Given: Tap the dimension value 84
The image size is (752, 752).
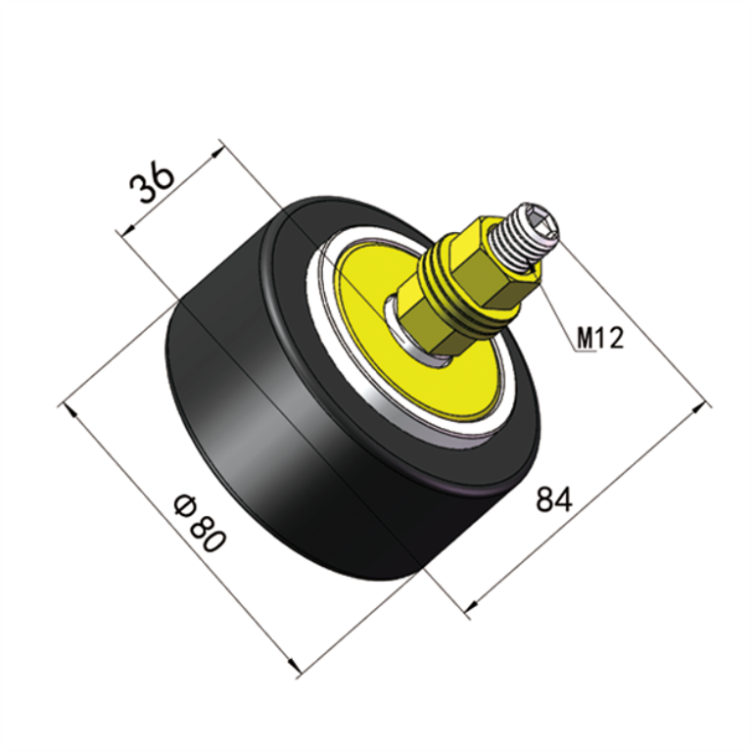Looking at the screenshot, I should [553, 499].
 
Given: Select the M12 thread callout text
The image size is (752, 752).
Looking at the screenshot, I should [599, 339].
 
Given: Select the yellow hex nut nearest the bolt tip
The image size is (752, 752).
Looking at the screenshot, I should [490, 264].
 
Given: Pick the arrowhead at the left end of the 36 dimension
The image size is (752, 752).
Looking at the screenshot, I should [123, 232].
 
